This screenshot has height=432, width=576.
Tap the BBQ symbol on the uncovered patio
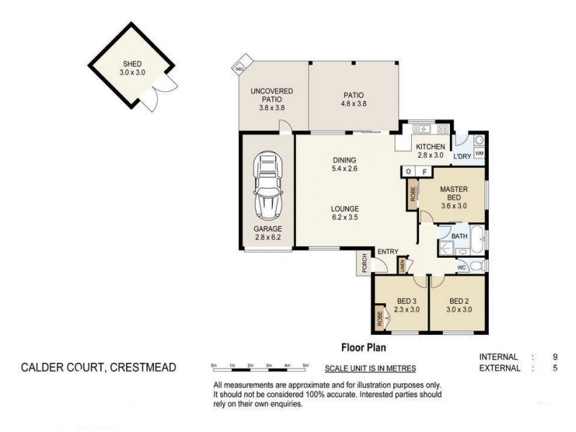pyautogui.click(x=240, y=68)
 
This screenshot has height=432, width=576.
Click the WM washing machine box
pyautogui.click(x=479, y=154)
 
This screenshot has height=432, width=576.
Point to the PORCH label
pyautogui.click(x=364, y=264)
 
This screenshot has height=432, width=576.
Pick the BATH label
pyautogui.click(x=460, y=235)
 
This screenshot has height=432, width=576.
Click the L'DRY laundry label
pyautogui.click(x=461, y=156)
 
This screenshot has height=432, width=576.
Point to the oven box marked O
pyautogui.click(x=408, y=172)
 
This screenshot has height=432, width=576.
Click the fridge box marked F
pyautogui.click(x=425, y=172)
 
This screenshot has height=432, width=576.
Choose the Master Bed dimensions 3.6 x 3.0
pyautogui.click(x=454, y=205)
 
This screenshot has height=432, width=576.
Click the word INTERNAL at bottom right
pyautogui.click(x=498, y=357)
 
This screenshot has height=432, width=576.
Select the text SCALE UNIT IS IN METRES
pyautogui.click(x=370, y=369)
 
